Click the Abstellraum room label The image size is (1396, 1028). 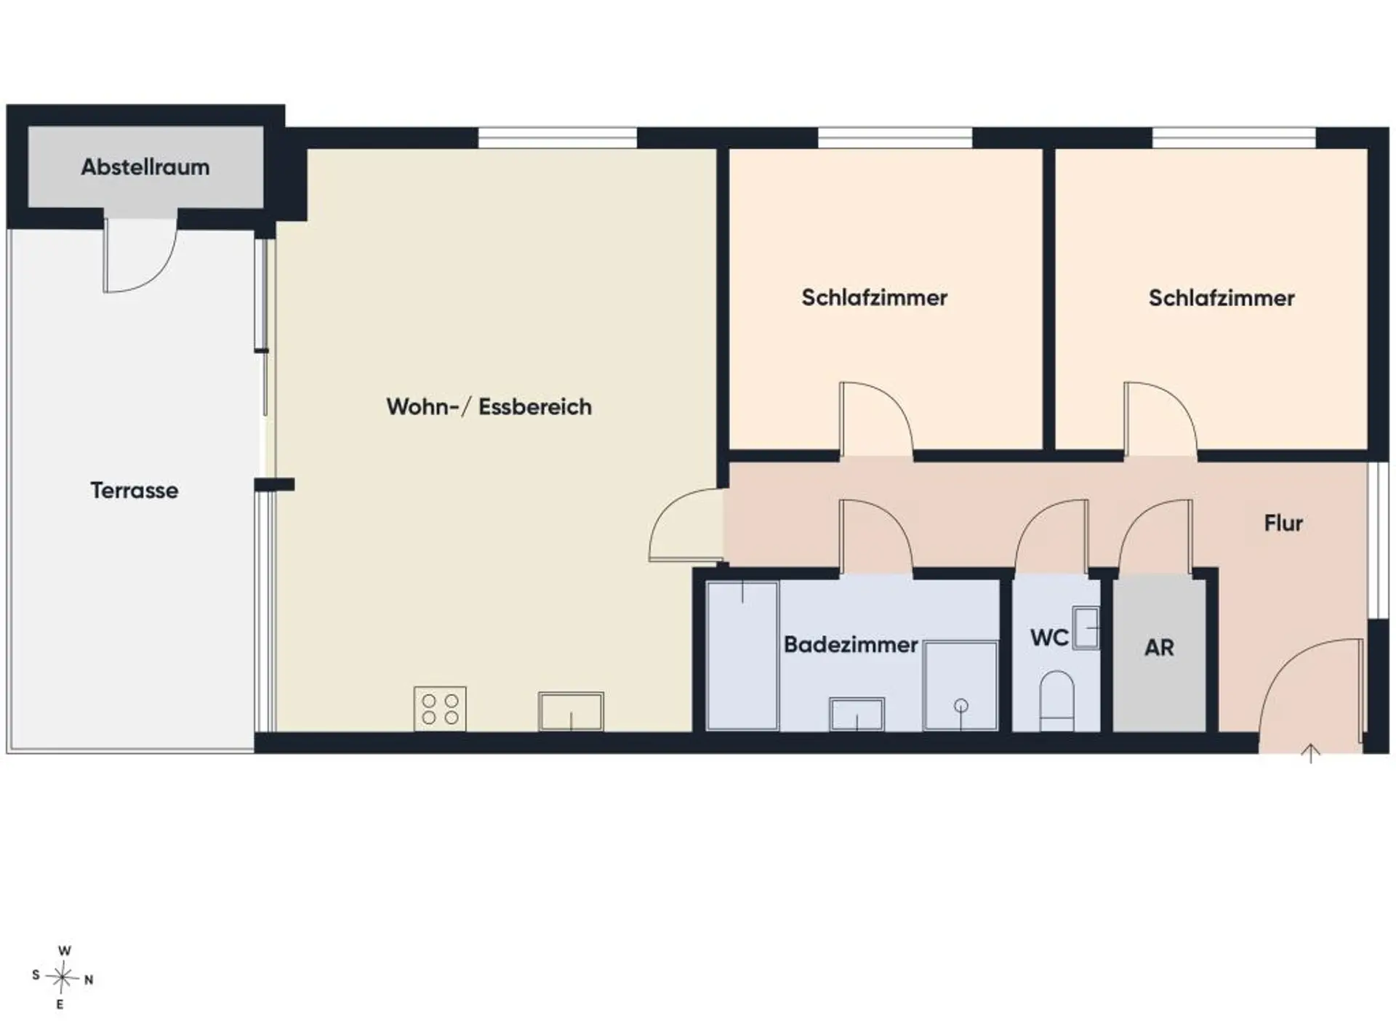pos(145,167)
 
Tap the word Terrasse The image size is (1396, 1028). pos(135,490)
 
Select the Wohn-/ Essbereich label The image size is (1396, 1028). pos(489,406)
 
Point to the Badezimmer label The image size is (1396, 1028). pos(851,644)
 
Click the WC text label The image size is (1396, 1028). pos(1049,638)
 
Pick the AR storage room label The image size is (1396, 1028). pos(1159,647)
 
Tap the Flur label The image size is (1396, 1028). pos(1283,523)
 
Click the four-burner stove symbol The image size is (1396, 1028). pos(440,709)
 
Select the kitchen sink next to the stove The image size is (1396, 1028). pos(571,712)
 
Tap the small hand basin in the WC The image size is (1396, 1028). pos(1086,627)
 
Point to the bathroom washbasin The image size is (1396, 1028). pos(857,714)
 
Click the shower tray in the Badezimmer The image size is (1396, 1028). pos(960,686)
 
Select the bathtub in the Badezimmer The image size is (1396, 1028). pos(742,655)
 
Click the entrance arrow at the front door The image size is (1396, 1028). pos(1310,754)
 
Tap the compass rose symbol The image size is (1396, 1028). pos(63,978)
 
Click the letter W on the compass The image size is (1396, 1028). pos(65,951)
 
